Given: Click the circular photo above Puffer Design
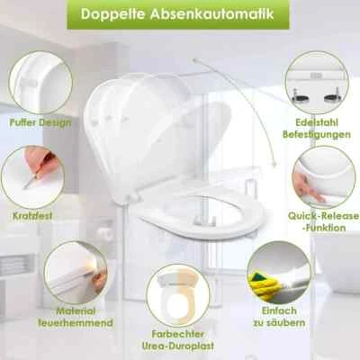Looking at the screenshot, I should pos(40,82).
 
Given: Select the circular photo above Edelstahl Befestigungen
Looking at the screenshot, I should pos(316,82).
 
